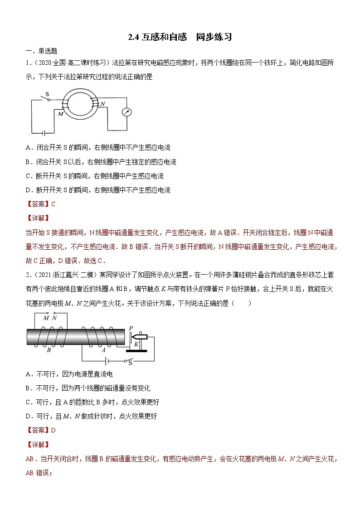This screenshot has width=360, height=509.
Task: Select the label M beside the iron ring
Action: [60, 114]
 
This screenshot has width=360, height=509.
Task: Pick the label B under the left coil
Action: [49, 349]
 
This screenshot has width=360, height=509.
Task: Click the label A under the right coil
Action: [103, 349]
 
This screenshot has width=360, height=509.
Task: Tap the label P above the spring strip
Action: [131, 328]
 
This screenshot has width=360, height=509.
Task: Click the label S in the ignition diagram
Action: [131, 362]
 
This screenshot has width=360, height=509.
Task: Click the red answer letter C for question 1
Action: [53, 204]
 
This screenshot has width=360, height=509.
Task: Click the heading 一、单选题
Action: [38, 51]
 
